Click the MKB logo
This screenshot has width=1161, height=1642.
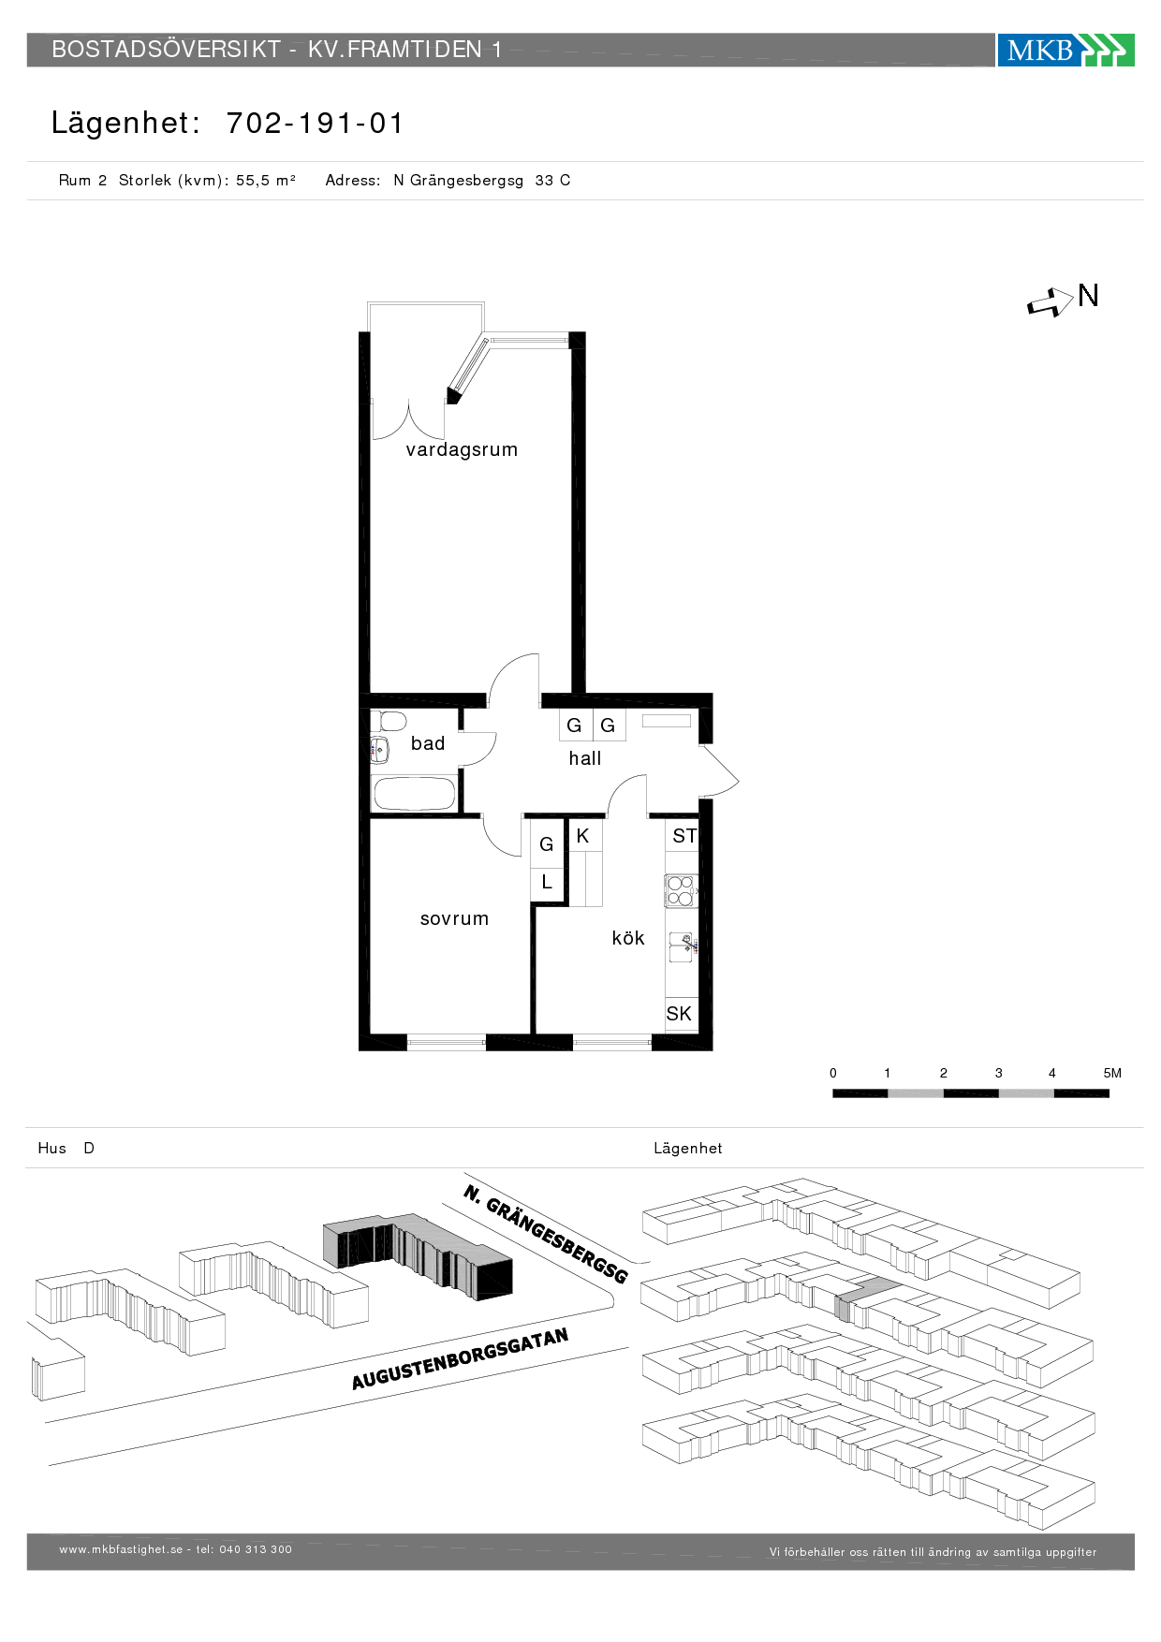[x=1065, y=50]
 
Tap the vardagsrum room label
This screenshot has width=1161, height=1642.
[x=462, y=449]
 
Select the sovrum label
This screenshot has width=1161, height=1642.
[x=454, y=918]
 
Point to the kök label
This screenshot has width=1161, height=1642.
[x=628, y=937]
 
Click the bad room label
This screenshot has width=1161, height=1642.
[x=428, y=743]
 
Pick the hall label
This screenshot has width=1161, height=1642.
[x=585, y=758]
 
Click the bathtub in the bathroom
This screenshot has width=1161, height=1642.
[x=415, y=794]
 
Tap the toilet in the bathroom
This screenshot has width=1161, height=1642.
[x=389, y=721]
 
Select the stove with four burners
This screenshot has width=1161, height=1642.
[x=681, y=890]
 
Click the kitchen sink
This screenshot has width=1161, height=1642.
[x=682, y=947]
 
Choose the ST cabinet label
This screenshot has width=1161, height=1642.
[x=684, y=836]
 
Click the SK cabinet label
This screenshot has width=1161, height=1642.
[x=679, y=1013]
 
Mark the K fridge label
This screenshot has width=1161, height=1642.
[x=582, y=836]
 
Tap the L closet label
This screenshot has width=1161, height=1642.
[x=547, y=882]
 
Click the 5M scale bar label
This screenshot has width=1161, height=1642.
[x=1112, y=1073]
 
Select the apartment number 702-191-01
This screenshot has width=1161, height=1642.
[x=315, y=123]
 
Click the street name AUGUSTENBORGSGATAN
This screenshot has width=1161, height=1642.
[x=460, y=1358]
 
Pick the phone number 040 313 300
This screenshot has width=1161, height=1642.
[x=256, y=1549]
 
